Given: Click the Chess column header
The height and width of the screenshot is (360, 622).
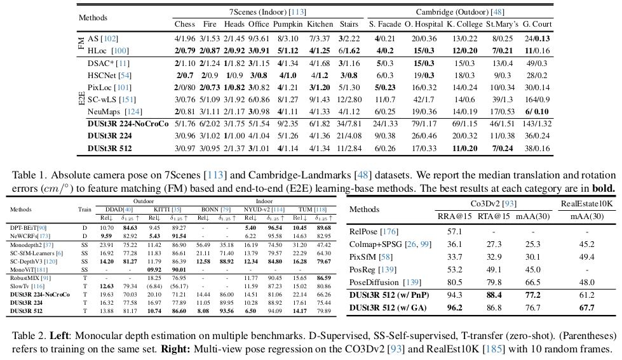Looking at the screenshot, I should [x=185, y=24].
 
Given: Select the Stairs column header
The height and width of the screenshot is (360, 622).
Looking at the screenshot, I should [x=348, y=24].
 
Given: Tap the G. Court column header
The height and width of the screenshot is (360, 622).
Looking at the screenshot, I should [x=537, y=24].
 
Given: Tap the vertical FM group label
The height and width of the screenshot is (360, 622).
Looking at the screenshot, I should [x=81, y=44].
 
